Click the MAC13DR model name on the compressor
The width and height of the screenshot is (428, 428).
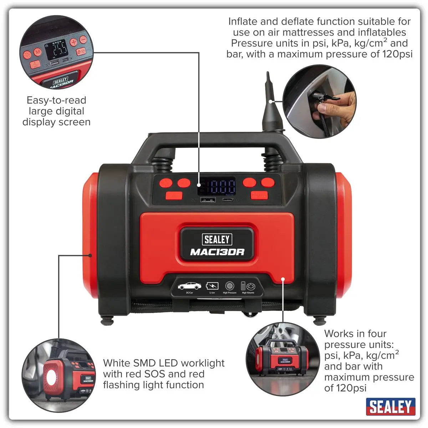[x=217, y=252]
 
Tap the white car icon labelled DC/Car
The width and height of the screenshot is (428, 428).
[x=189, y=286]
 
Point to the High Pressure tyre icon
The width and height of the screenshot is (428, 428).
[x=230, y=286]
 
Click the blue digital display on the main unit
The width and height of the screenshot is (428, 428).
[x=221, y=186]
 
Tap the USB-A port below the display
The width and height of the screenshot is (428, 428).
[x=207, y=200]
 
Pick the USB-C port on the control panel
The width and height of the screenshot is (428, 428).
[x=229, y=200]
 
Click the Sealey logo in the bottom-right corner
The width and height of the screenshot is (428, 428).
[x=391, y=407]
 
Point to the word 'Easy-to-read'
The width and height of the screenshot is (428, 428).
[x=56, y=100]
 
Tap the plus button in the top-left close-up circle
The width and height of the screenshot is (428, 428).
[x=73, y=42]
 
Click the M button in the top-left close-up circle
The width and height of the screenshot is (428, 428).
[x=38, y=52]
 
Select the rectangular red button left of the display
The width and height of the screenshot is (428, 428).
[x=174, y=195]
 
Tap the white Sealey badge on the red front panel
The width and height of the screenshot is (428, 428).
[x=217, y=239]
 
